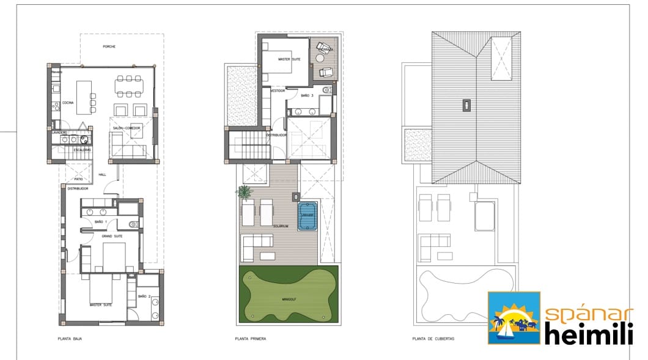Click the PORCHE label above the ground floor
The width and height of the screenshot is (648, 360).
tap(109, 47)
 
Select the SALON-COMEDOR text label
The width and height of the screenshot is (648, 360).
tap(126, 128)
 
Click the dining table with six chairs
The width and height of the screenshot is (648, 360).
tap(130, 86)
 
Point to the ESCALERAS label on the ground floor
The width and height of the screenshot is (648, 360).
tap(83, 150)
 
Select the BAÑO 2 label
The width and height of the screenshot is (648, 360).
tap(144, 296)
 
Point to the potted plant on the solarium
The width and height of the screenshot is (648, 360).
tap(244, 193)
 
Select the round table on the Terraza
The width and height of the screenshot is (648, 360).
tap(319, 59)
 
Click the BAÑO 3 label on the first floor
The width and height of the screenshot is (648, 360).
tap(307, 96)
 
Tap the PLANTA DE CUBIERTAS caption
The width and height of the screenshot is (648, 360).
tap(433, 338)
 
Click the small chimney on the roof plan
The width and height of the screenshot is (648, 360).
tap(466, 105)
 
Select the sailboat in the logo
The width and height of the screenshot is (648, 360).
tap(507, 332)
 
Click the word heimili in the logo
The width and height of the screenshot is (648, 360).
tap(586, 335)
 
